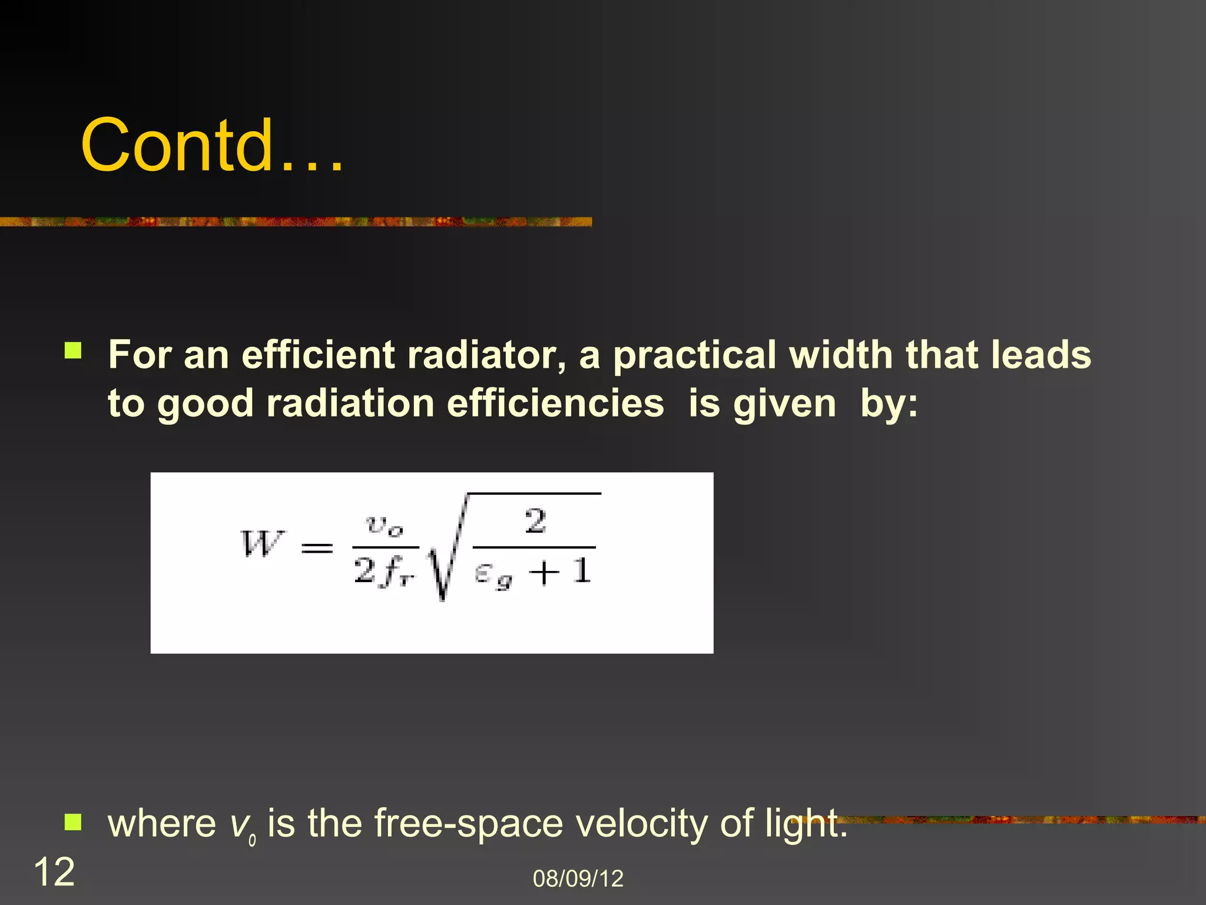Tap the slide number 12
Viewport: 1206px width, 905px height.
point(54,872)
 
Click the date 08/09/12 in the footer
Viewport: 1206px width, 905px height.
point(578,878)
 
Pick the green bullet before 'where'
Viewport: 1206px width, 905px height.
point(73,821)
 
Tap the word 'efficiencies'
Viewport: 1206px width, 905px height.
point(555,404)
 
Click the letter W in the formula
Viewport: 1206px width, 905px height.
point(261,544)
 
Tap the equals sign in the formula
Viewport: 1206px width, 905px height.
point(317,549)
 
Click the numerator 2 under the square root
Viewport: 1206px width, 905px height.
point(535,521)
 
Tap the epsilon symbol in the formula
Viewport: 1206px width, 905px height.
point(483,573)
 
